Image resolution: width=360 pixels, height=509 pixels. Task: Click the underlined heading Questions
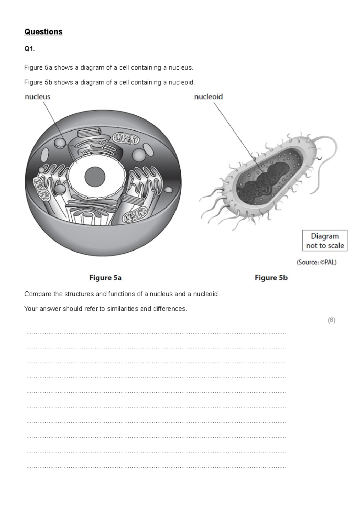[43, 32]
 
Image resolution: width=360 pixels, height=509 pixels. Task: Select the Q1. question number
[29, 49]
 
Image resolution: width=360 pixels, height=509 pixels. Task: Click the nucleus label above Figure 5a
[37, 97]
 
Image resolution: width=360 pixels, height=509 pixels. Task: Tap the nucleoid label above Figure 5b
[208, 97]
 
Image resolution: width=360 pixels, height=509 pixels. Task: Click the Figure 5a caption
[105, 278]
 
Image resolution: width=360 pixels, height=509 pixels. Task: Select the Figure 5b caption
[271, 278]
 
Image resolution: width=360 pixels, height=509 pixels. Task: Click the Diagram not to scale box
[325, 241]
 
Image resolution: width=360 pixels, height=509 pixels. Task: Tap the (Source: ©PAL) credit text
[317, 262]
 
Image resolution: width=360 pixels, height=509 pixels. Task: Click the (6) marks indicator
[331, 320]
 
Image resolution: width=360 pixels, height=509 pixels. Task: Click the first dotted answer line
[156, 333]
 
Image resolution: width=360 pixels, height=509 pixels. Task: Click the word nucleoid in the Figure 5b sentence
[181, 82]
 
